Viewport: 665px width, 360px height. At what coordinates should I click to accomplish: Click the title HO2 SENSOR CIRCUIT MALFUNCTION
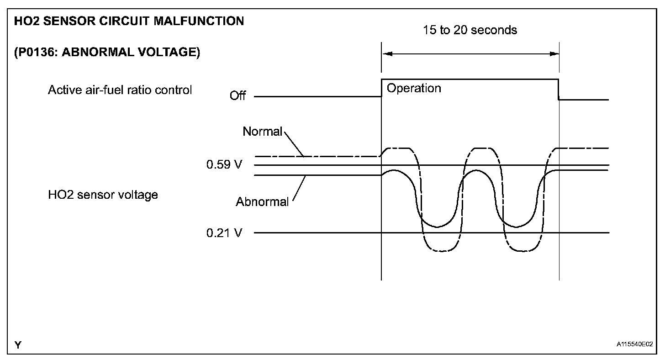pyautogui.click(x=129, y=21)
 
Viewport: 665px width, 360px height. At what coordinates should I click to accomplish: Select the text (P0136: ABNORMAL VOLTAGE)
pyautogui.click(x=107, y=53)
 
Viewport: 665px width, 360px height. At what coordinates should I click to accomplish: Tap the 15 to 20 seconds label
pyautogui.click(x=470, y=30)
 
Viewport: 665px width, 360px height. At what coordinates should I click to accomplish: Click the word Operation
pyautogui.click(x=414, y=88)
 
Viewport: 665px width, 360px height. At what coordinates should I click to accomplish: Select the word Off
pyautogui.click(x=237, y=96)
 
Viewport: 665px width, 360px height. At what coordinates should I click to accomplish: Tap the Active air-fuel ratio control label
pyautogui.click(x=120, y=90)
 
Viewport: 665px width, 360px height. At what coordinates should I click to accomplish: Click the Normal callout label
pyautogui.click(x=263, y=132)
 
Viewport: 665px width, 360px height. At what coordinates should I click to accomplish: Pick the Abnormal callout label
pyautogui.click(x=262, y=202)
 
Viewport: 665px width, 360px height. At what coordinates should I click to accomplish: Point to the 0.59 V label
pyautogui.click(x=224, y=164)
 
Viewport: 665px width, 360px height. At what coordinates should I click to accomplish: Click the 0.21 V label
pyautogui.click(x=224, y=233)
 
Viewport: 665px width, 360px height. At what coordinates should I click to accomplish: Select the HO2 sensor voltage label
pyautogui.click(x=103, y=195)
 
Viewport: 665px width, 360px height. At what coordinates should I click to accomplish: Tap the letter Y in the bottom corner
pyautogui.click(x=17, y=345)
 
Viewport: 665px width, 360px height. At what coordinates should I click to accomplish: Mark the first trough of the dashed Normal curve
pyautogui.click(x=441, y=251)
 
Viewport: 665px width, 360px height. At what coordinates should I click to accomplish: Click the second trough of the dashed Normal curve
pyautogui.click(x=524, y=251)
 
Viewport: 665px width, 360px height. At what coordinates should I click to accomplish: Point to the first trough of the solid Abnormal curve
pyautogui.click(x=437, y=227)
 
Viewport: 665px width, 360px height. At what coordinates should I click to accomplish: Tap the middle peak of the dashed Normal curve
pyautogui.click(x=483, y=148)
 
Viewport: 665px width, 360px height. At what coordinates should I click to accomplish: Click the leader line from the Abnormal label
pyautogui.click(x=298, y=189)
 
